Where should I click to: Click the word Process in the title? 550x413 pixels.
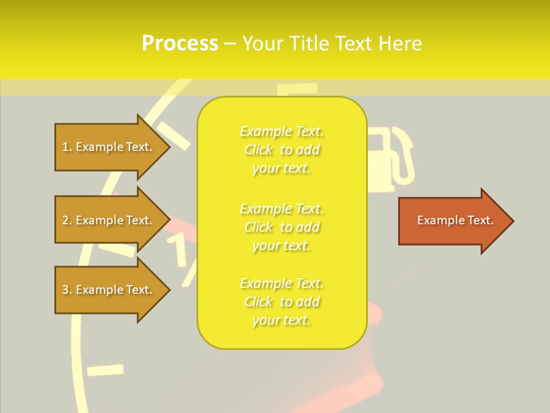coord(180,43)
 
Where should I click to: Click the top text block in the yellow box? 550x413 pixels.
coord(282,150)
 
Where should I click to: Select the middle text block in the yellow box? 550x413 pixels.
coord(282,227)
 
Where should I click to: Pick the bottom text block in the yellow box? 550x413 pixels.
coord(282,302)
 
